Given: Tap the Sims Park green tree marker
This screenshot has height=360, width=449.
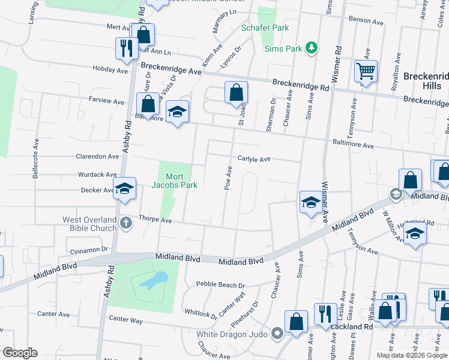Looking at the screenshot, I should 311,47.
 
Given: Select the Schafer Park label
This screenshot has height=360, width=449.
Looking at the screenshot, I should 265,28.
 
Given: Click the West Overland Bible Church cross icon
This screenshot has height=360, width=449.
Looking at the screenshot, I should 125,224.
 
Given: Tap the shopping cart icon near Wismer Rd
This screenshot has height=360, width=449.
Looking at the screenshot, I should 365,71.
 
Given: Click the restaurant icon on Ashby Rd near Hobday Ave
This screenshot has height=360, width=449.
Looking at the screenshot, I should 126,49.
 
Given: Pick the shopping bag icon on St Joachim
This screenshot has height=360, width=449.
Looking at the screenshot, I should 237,93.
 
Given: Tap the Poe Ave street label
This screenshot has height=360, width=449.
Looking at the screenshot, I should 228,178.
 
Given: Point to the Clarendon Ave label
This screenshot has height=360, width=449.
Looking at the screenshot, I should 97,157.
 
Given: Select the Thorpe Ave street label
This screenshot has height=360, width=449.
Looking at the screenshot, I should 155,220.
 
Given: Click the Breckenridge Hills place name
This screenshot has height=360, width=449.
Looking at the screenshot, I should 426,81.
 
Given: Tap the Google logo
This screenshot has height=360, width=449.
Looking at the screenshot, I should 20,353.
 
